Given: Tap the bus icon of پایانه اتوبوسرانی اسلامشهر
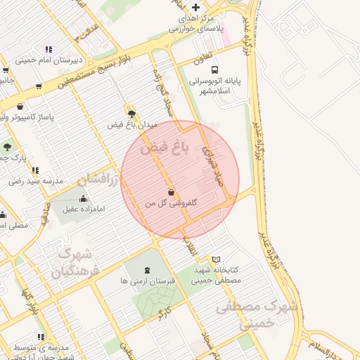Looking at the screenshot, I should point(214,70).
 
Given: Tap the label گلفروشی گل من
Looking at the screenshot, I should point(171,202).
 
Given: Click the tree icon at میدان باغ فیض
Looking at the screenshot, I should point(131,112).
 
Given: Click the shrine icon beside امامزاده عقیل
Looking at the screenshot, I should point(84,198).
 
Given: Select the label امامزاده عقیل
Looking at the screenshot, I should point(83,209).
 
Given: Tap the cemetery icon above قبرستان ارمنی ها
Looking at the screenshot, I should point(146,270).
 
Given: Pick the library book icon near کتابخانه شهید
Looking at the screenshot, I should point(216,259).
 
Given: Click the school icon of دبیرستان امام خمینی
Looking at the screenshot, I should point(49,49).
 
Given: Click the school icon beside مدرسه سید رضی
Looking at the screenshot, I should point(35,170).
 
